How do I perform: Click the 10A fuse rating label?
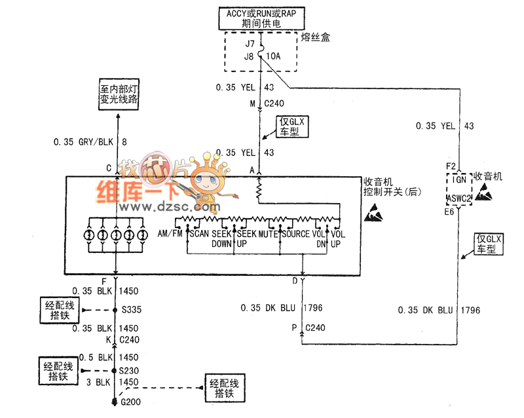point(273,57)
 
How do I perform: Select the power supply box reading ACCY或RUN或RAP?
point(261,17)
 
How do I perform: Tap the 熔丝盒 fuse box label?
point(315,37)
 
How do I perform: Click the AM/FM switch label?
point(170,234)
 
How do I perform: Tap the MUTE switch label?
point(268,234)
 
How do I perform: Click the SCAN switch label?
point(199,234)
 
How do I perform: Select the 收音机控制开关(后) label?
point(391,187)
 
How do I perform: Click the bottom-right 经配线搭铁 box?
point(225,388)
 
